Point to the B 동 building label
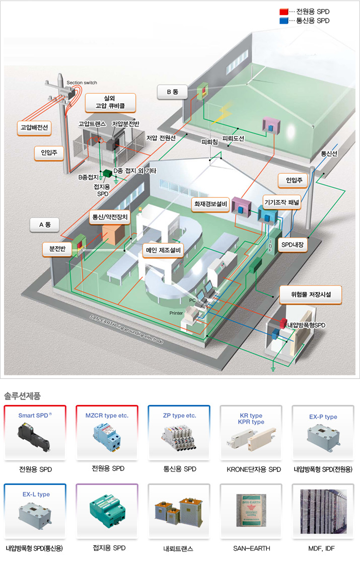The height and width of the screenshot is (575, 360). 172,92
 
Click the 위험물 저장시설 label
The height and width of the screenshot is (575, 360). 310,294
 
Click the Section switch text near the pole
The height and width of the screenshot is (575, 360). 82,83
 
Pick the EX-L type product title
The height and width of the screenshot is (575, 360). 36,494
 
